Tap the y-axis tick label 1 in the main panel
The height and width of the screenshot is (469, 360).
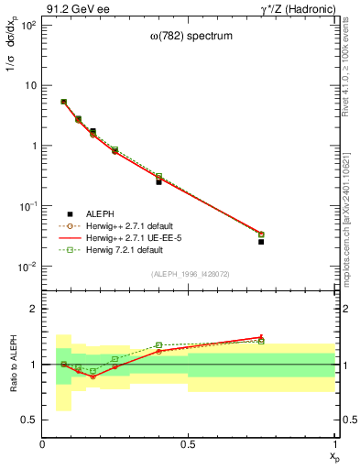tap(32, 146)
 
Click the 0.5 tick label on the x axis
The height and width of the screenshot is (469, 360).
tap(188, 444)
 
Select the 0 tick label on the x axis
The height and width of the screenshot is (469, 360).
tap(43, 444)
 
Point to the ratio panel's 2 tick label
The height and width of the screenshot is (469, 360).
tap(32, 310)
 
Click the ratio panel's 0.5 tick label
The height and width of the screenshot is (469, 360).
tap(27, 419)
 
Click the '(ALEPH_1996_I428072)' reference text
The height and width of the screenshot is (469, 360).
tap(189, 275)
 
